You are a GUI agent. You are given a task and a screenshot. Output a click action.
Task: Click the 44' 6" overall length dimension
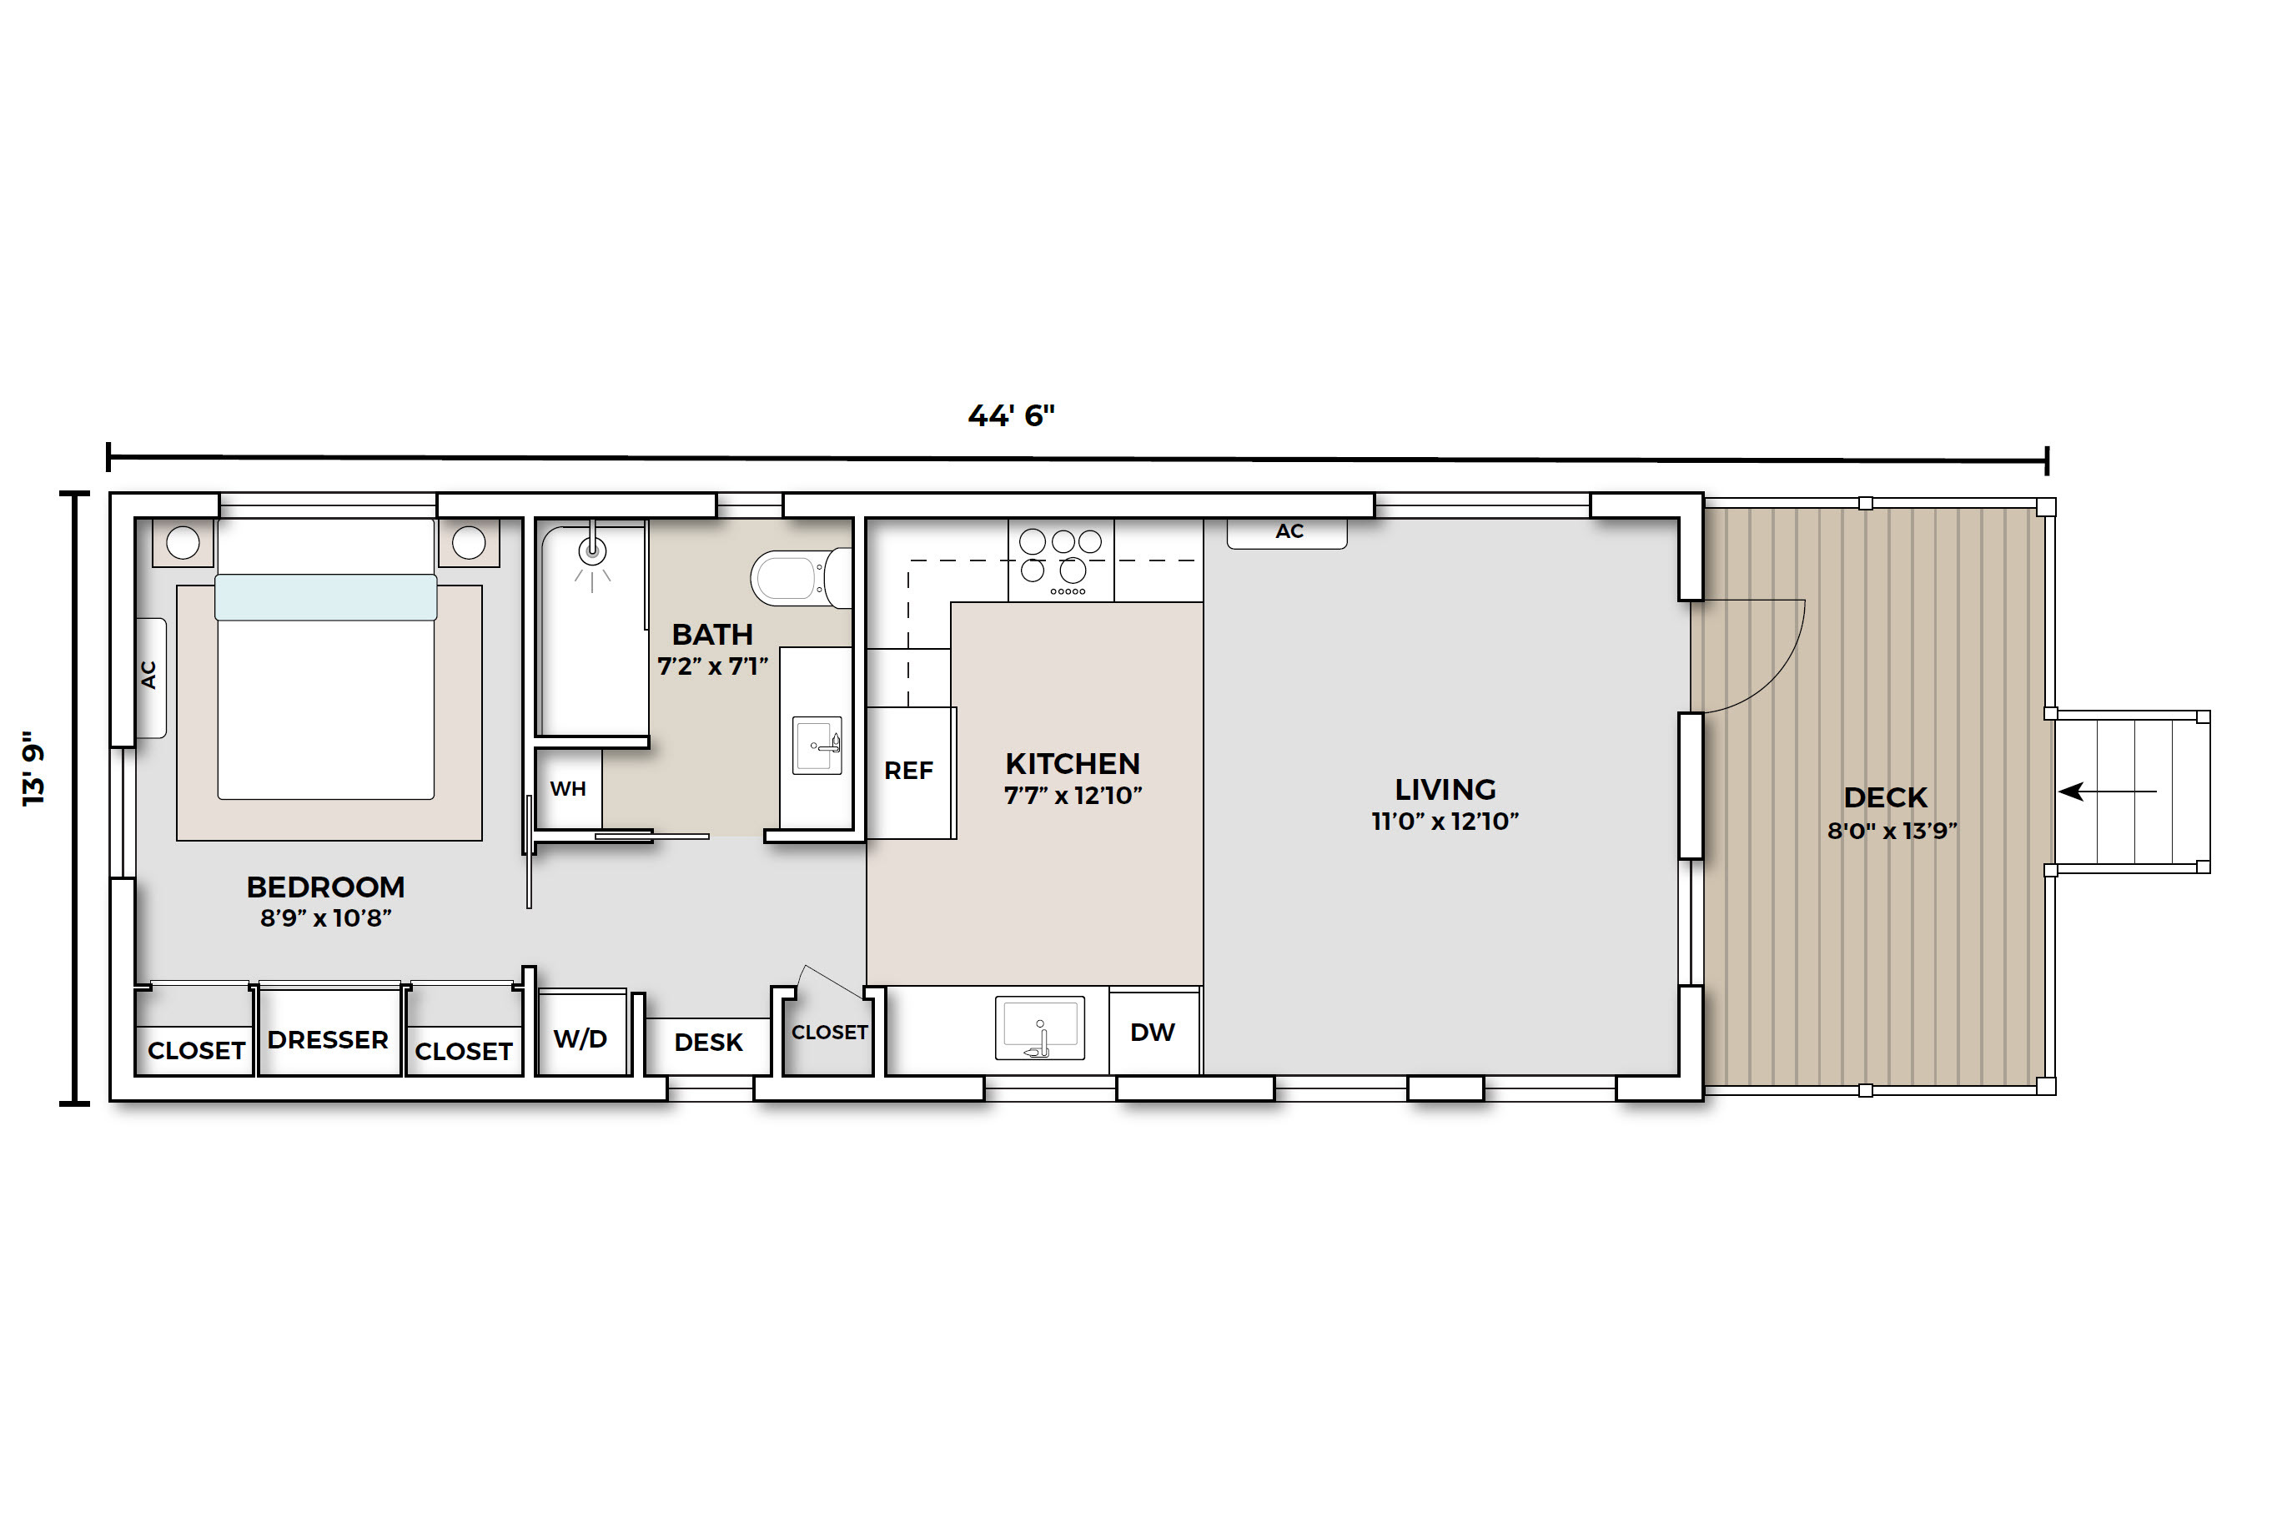pos(1012,416)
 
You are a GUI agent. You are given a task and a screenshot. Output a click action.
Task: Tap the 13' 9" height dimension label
pos(34,768)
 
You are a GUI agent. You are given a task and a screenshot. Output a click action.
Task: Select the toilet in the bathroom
pos(800,578)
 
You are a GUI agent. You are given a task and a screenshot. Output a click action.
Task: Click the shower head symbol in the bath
pos(592,551)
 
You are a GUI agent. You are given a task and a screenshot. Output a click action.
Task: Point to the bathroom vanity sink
pos(817,746)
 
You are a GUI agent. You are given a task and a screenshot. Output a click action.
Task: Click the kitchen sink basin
pos(1040,1027)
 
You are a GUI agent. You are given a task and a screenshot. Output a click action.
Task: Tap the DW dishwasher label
pos(1153,1032)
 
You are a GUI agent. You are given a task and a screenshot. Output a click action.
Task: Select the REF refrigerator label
pos(909,771)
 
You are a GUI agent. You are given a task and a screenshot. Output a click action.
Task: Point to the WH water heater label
pos(568,788)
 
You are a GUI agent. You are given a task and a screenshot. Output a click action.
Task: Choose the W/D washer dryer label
pos(581,1038)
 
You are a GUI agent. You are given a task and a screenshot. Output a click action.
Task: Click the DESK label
pos(708,1043)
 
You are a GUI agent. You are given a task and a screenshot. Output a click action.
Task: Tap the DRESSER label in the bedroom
pos(329,1040)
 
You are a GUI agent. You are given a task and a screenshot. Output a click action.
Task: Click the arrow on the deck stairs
pos(2107,792)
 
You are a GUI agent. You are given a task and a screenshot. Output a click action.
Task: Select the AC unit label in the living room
pos(1289,531)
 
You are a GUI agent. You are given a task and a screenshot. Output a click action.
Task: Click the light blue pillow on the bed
pos(325,597)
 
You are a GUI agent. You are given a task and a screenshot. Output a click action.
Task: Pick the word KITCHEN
pos(1073,763)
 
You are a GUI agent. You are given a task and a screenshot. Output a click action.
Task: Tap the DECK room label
pos(1886,797)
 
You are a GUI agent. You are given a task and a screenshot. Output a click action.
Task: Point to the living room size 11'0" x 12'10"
pos(1445,822)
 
